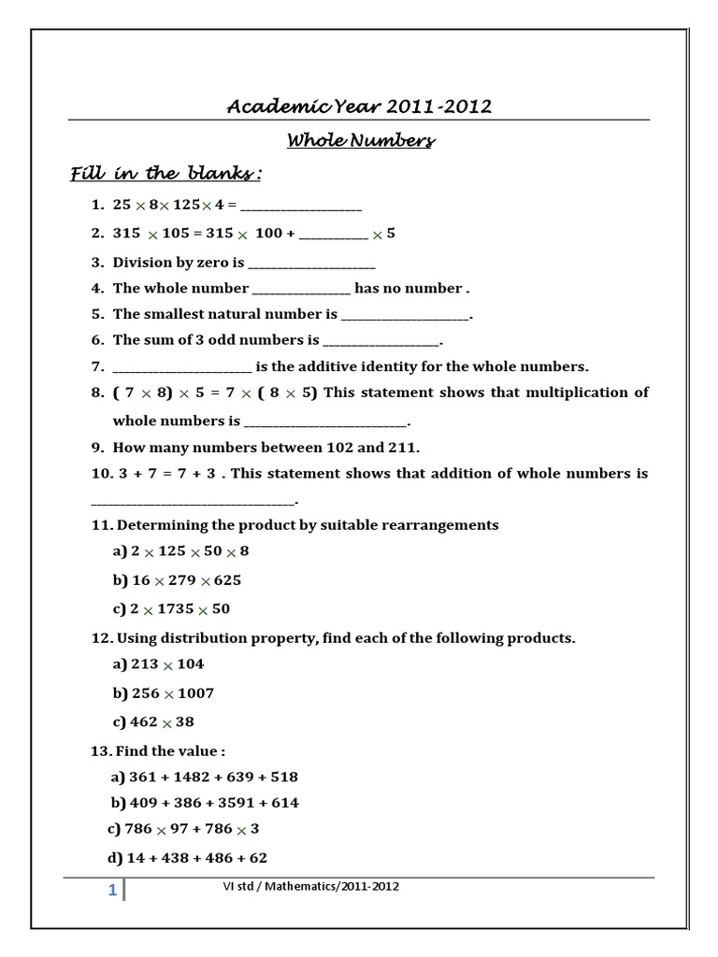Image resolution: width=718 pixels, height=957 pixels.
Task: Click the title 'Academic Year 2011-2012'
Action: click(359, 107)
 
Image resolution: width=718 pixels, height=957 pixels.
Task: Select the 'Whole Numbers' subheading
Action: click(360, 141)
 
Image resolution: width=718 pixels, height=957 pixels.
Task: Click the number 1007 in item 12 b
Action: click(196, 693)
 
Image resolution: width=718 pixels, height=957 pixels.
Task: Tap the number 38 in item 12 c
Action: click(184, 722)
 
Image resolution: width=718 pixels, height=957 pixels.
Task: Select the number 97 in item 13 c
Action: click(179, 829)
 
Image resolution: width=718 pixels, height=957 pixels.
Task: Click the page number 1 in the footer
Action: click(112, 891)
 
